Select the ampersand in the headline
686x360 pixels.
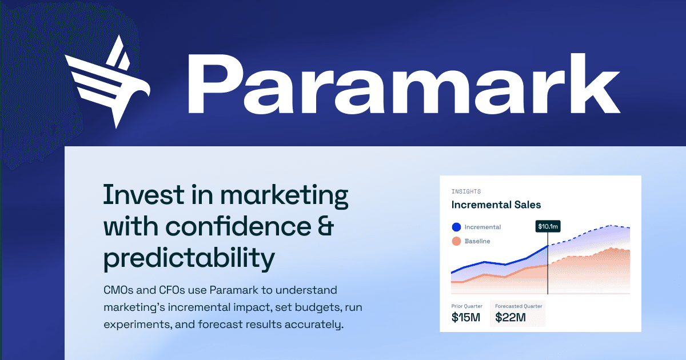click(325, 227)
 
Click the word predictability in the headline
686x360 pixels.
click(189, 259)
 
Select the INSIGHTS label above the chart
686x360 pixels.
click(466, 191)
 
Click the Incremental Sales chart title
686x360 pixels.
click(496, 205)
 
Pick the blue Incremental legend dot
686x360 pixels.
click(456, 227)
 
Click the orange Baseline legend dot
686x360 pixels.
click(456, 241)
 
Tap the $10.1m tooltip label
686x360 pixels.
click(548, 226)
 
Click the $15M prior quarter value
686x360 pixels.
click(466, 317)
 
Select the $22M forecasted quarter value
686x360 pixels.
click(510, 317)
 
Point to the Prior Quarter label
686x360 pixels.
click(467, 306)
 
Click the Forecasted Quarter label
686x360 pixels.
click(518, 306)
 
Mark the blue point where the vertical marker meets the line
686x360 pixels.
click(548, 246)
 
